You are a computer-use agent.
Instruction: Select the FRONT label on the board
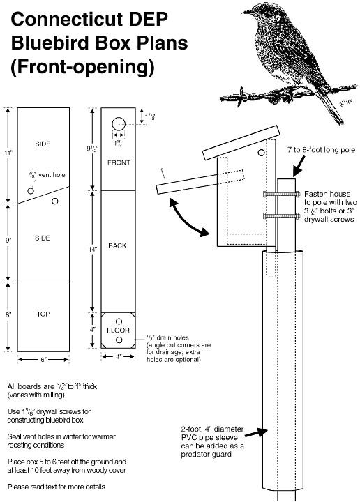119,162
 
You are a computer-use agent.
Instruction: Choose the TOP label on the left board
43,314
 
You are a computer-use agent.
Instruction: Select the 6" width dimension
43,360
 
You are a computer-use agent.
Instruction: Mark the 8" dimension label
8,314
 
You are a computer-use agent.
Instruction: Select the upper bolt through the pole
283,193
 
